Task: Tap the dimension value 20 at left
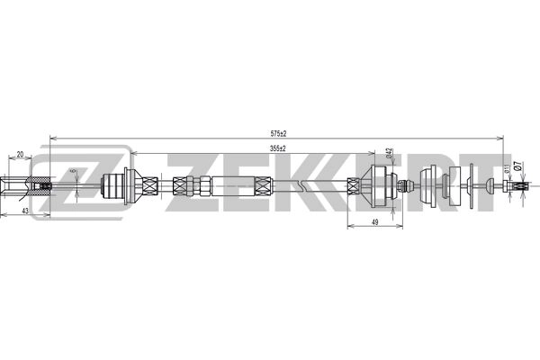pyautogui.click(x=20, y=154)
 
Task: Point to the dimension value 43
pyautogui.click(x=25, y=210)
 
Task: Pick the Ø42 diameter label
pyautogui.click(x=389, y=153)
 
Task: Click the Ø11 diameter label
pyautogui.click(x=507, y=168)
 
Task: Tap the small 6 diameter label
pyautogui.click(x=73, y=171)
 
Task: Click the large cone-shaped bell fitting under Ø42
pyautogui.click(x=378, y=187)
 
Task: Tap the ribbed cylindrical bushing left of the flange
pyautogui.click(x=114, y=187)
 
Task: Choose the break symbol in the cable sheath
pyautogui.click(x=309, y=187)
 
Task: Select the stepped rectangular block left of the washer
pyautogui.click(x=449, y=187)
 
